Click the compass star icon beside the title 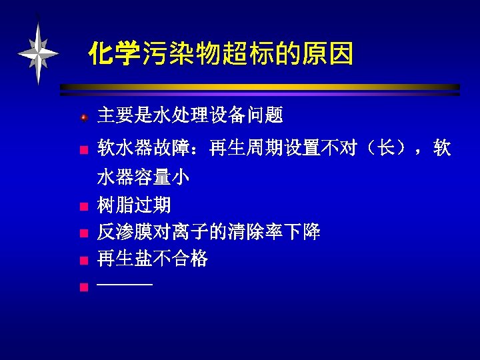(x=39, y=52)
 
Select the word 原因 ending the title (x=329, y=53)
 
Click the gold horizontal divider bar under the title (x=260, y=87)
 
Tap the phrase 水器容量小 (x=143, y=177)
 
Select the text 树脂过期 (x=134, y=205)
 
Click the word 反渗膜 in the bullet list (x=125, y=232)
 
